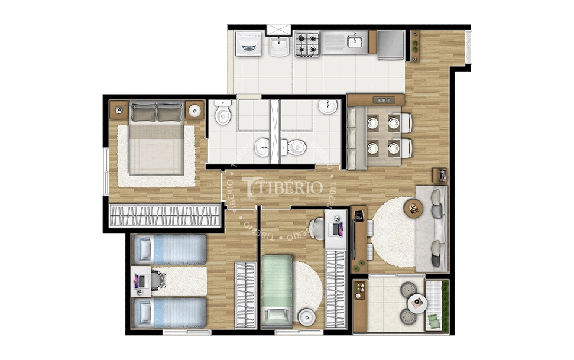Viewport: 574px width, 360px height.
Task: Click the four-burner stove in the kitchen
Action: tap(307, 44)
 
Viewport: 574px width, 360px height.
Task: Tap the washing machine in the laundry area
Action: tap(248, 43)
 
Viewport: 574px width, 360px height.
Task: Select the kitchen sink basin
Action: tap(355, 41)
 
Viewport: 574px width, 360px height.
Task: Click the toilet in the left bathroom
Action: tap(223, 113)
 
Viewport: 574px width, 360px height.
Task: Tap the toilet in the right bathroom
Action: tap(294, 146)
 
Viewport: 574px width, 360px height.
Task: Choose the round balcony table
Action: tap(419, 303)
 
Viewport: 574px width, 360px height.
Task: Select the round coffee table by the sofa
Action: tap(414, 208)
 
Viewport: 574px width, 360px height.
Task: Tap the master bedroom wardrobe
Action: tap(165, 215)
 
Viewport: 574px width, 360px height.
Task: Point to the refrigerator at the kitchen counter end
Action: tap(390, 45)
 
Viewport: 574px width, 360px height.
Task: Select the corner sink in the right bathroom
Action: tap(327, 107)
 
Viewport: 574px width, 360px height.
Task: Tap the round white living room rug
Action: tap(391, 232)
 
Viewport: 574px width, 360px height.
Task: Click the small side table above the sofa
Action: tap(440, 175)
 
